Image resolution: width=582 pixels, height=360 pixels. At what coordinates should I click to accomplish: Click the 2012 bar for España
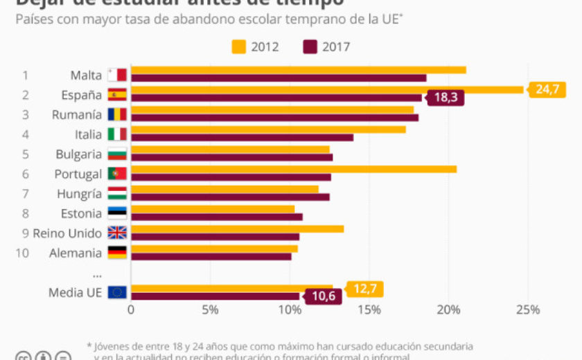tap(326, 89)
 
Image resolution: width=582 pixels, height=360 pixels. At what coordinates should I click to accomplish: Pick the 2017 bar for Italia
tap(242, 137)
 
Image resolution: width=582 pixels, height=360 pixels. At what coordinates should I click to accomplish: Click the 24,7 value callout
tap(547, 89)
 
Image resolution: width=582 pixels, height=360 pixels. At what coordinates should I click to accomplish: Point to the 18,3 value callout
tap(445, 98)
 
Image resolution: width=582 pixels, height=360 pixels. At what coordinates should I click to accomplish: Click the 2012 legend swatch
tap(238, 47)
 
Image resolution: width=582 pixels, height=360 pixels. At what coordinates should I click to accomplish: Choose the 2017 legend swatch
tap(310, 47)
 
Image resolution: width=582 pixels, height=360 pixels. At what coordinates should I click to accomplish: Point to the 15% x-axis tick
tap(369, 310)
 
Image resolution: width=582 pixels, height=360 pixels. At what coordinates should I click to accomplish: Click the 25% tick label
tap(528, 310)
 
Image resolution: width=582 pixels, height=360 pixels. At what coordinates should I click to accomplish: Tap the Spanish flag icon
tap(117, 95)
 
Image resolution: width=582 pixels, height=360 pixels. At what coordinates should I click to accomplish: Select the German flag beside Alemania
tap(117, 253)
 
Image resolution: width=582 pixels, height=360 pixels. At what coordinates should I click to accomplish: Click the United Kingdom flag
tap(117, 233)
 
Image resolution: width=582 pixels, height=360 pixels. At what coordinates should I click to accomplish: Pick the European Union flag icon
tap(117, 292)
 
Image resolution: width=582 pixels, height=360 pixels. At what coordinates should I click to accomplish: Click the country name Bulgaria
tap(79, 154)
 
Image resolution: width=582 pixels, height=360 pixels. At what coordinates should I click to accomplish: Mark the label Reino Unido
tap(67, 233)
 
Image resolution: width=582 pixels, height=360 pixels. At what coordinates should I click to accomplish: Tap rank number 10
tap(22, 253)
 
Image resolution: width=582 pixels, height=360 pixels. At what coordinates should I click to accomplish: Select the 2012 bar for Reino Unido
tap(237, 228)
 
